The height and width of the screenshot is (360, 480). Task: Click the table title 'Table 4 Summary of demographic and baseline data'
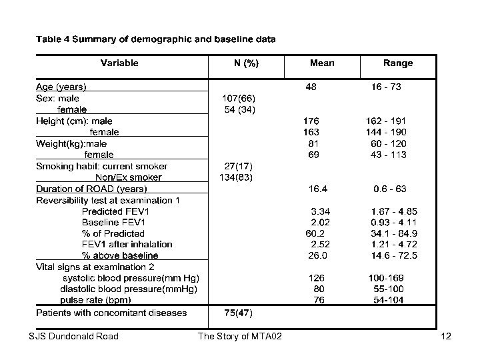(155, 39)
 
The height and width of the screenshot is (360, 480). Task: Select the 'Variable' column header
(120, 63)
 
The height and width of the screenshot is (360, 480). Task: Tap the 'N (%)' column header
(246, 63)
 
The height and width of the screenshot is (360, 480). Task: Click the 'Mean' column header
(322, 63)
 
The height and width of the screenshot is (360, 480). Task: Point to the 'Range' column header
(397, 63)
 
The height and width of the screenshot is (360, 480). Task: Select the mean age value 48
(311, 87)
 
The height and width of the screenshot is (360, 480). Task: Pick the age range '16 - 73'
(386, 87)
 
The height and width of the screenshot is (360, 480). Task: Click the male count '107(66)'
(239, 98)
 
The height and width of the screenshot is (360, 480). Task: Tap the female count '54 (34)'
(239, 109)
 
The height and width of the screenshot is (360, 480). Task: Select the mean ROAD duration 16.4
(317, 189)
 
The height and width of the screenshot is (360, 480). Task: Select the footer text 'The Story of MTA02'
(240, 336)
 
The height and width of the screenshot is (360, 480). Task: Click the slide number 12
(446, 336)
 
